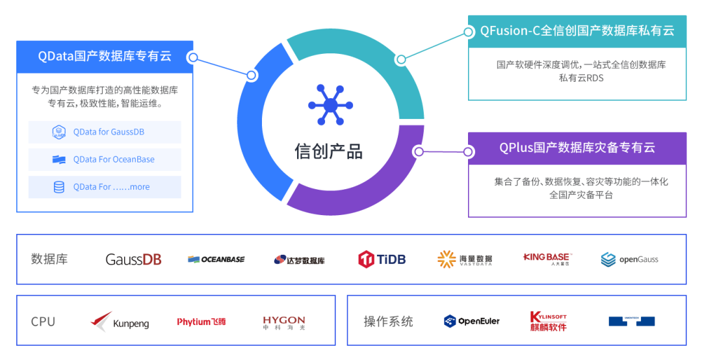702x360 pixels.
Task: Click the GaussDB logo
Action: (x=133, y=259)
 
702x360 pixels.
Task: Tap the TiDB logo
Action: (x=382, y=259)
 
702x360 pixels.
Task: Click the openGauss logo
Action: (x=629, y=259)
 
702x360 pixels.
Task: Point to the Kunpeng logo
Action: (x=120, y=322)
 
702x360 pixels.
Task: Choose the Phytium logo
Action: (x=201, y=322)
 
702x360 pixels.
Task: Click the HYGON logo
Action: (x=284, y=321)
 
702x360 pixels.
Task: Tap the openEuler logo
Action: (x=471, y=321)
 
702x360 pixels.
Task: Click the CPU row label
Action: (x=43, y=322)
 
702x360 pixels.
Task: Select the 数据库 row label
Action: (x=49, y=259)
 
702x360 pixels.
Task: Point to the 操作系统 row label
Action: (x=388, y=322)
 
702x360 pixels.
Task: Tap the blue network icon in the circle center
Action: (x=330, y=105)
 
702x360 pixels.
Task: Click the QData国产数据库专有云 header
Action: (x=105, y=57)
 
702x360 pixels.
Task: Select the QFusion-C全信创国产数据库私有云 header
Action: (x=577, y=31)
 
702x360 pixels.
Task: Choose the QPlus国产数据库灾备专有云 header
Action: (x=577, y=148)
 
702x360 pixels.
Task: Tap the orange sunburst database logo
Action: (x=447, y=259)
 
